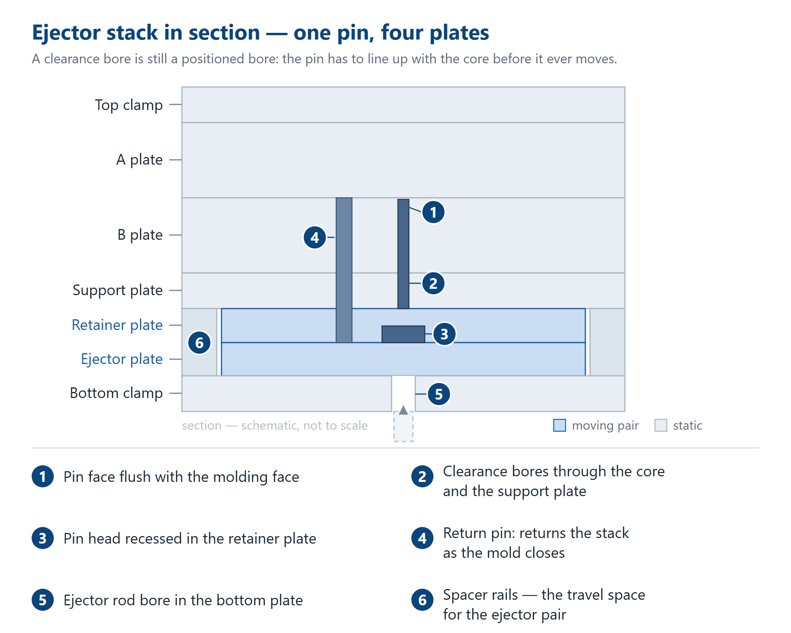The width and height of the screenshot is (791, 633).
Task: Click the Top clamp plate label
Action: click(129, 105)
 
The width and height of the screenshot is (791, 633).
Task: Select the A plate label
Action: click(139, 159)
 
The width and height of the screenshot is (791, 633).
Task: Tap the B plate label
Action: click(140, 235)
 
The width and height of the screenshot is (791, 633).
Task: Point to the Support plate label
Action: click(117, 290)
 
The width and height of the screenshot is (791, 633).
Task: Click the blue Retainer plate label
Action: click(117, 325)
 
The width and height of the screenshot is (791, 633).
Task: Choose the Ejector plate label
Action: click(122, 359)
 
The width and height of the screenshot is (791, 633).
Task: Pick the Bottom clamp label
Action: click(116, 393)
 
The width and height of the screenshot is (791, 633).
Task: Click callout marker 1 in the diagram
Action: click(433, 212)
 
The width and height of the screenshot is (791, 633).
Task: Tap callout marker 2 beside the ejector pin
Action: click(433, 283)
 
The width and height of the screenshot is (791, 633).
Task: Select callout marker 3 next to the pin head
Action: click(445, 334)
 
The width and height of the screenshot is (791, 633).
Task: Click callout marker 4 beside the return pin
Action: click(315, 237)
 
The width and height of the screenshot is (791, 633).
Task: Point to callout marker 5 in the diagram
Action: click(439, 394)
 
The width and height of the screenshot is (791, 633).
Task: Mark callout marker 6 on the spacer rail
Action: click(199, 343)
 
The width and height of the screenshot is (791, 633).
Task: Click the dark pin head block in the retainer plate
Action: click(403, 334)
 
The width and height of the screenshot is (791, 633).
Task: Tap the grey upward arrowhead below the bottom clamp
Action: click(403, 410)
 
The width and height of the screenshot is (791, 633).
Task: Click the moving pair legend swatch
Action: click(560, 425)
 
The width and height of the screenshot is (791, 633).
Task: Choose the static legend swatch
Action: click(661, 425)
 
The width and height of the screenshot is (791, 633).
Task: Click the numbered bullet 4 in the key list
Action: click(422, 538)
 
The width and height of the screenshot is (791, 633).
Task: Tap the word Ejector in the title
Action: click(66, 32)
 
